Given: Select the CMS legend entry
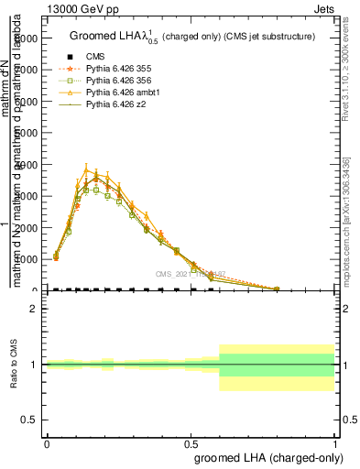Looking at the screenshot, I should pyautogui.click(x=96, y=55).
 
